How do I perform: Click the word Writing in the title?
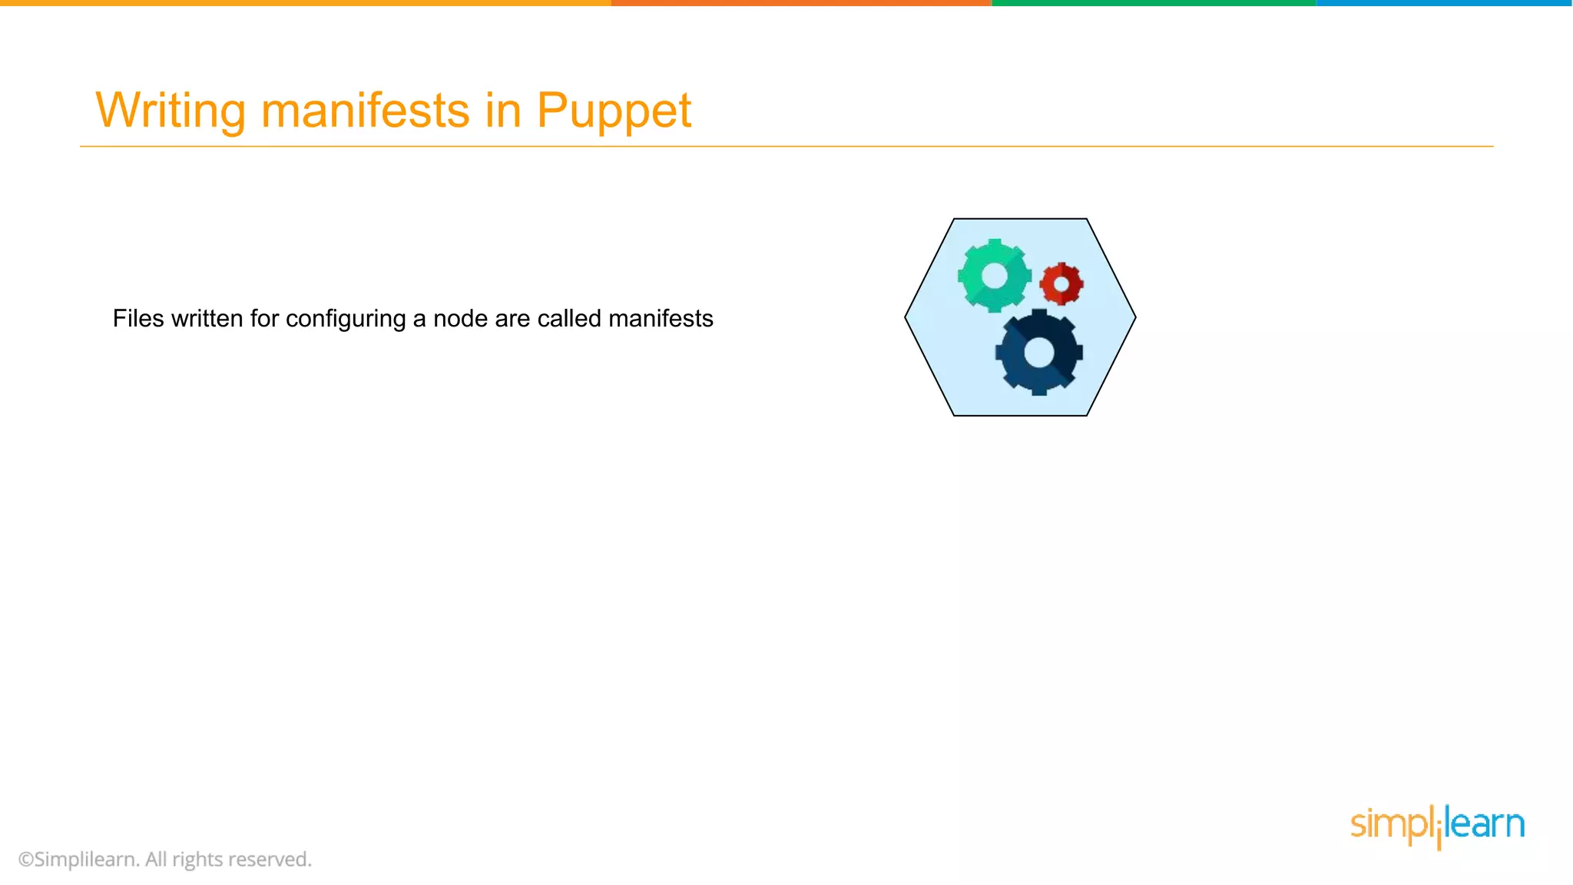(170, 110)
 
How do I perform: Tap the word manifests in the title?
(365, 110)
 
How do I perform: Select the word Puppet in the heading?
(614, 110)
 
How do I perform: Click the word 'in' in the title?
(503, 110)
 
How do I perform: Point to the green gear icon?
(994, 275)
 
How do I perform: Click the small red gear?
(1061, 284)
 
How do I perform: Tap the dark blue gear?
(1038, 353)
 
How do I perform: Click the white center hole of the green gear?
(994, 275)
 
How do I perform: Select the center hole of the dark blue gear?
(1038, 353)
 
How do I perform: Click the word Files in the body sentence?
(138, 318)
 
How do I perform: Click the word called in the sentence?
(569, 318)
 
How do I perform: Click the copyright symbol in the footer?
(26, 860)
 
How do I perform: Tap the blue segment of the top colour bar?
(1444, 3)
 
